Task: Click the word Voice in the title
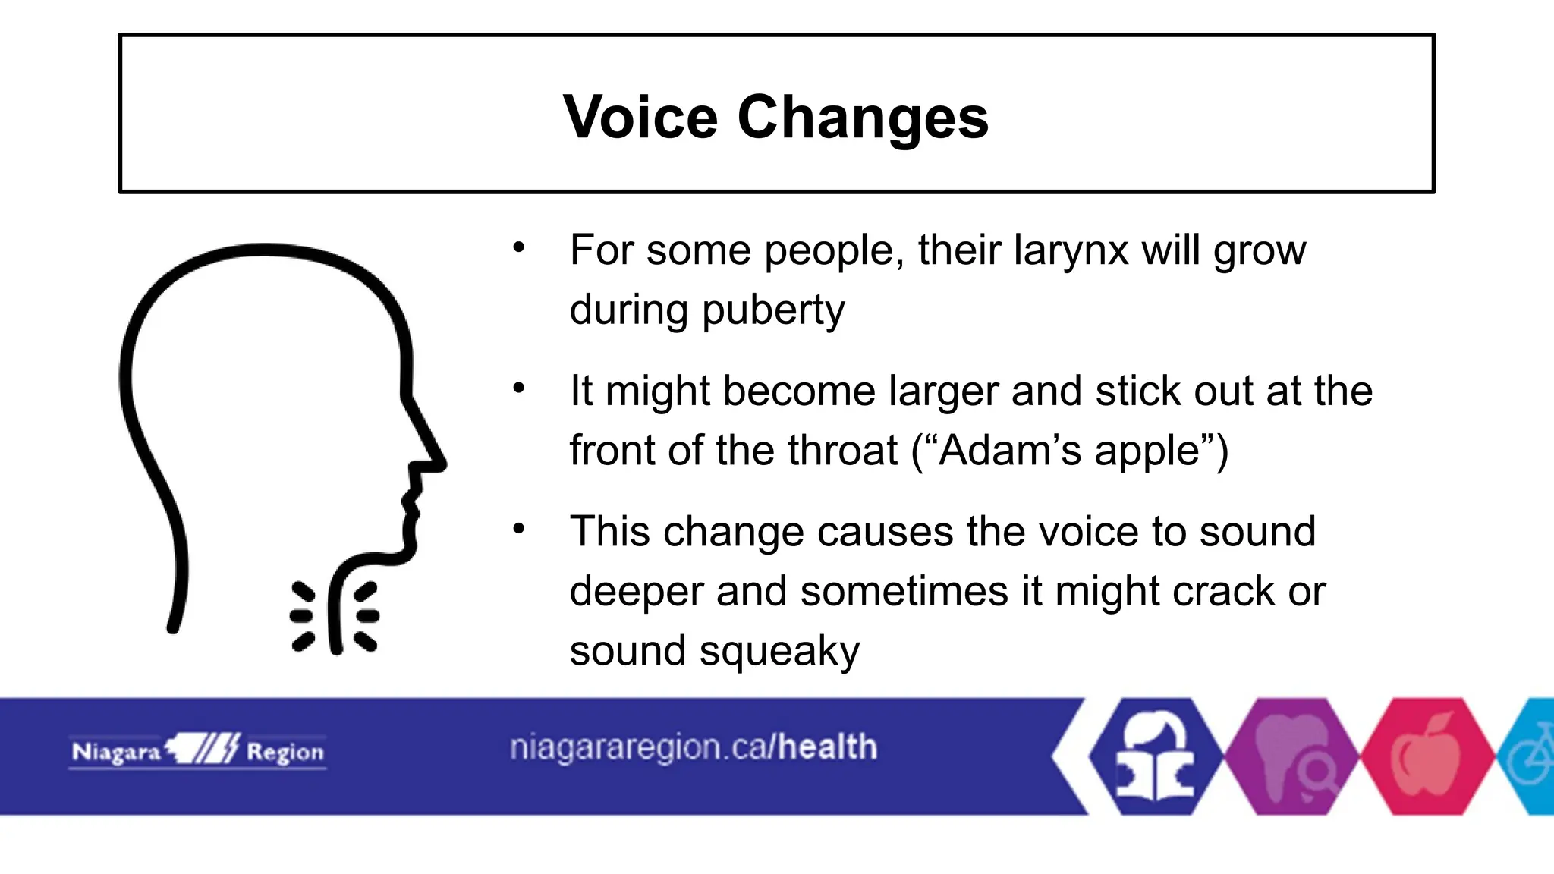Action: coord(640,118)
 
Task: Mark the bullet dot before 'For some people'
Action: coord(519,247)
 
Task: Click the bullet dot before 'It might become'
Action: coord(519,388)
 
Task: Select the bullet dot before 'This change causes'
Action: coord(519,529)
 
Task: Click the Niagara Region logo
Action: coord(198,751)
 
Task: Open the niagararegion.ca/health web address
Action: coord(693,748)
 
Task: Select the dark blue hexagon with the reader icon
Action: coord(1156,756)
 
